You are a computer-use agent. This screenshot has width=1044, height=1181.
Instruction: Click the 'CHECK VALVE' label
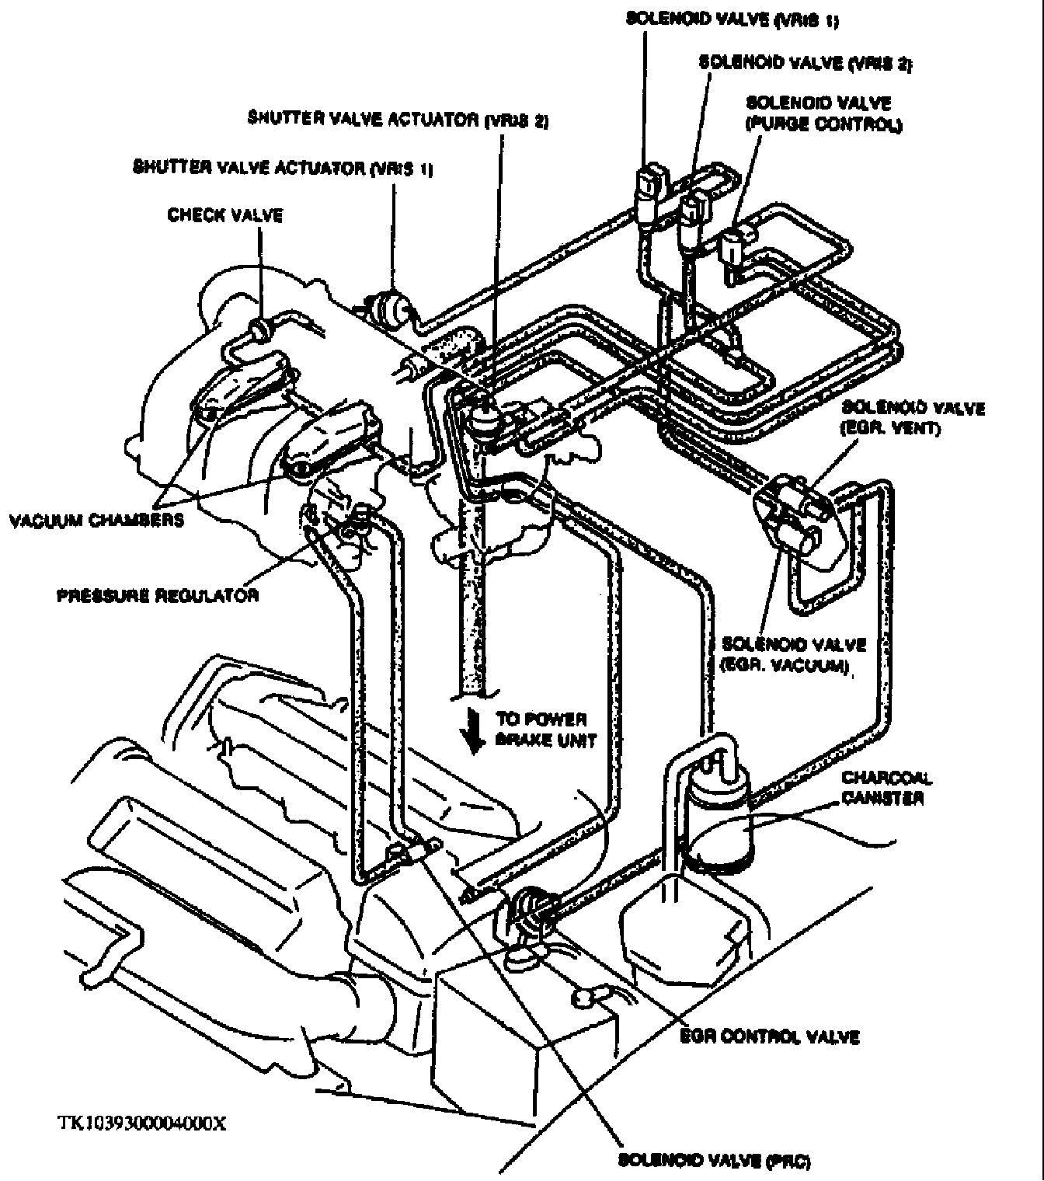coord(225,215)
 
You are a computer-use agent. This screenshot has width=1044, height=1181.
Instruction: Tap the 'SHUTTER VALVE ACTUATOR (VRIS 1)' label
coord(283,169)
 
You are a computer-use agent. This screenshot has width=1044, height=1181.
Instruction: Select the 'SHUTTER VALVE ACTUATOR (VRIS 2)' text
coord(398,120)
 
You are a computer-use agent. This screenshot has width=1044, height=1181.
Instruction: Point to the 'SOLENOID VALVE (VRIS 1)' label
coord(732,19)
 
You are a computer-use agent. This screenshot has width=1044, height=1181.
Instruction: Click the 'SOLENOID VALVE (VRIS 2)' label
coord(805,62)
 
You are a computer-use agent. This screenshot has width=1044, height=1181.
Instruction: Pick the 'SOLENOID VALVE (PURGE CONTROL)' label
coord(823,113)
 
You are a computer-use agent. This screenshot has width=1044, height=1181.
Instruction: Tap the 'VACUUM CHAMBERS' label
coord(96,520)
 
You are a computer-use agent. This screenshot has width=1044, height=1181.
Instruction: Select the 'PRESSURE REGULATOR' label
coord(158,596)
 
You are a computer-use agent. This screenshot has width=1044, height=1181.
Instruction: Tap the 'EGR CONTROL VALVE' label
coord(769,1036)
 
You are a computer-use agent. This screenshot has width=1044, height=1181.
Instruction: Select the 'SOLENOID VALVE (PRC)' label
coord(714,1162)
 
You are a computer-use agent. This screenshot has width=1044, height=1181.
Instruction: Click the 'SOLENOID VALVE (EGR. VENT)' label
coord(913,418)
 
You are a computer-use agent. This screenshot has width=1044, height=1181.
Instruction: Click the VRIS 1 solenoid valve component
coord(647,186)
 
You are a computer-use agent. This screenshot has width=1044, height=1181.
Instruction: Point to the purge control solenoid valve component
coord(732,249)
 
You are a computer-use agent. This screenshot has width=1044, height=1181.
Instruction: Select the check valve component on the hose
coord(260,329)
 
